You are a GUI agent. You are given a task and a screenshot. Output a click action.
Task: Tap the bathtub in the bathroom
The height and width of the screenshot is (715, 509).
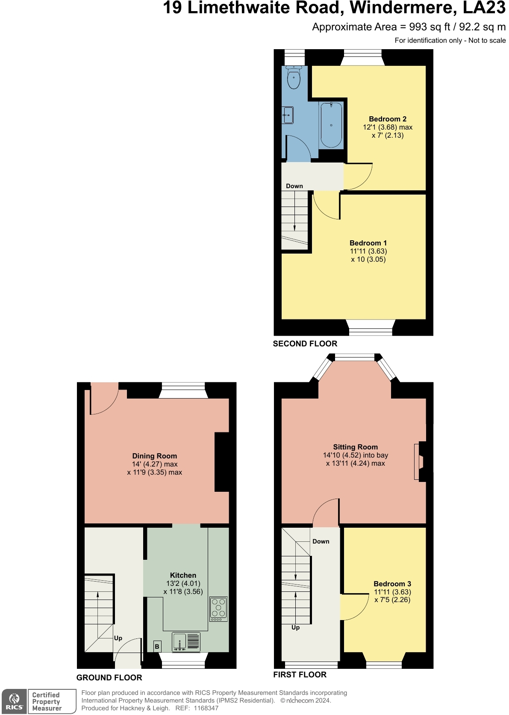(331, 125)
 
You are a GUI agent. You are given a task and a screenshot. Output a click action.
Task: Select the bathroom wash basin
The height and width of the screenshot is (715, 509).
(288, 115)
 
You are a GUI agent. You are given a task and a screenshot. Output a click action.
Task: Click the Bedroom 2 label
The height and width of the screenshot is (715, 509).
(388, 119)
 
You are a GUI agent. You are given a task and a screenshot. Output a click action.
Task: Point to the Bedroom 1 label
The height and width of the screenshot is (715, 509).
(368, 243)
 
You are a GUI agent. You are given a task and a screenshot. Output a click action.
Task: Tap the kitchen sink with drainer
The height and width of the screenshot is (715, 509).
(186, 642)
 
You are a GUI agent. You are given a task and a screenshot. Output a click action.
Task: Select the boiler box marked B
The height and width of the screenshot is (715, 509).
(157, 647)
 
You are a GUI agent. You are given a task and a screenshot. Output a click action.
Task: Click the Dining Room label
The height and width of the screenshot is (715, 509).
(154, 456)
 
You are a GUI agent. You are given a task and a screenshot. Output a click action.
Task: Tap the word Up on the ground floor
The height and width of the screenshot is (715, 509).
(118, 638)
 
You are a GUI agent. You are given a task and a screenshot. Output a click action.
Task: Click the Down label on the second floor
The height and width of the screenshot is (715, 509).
(294, 186)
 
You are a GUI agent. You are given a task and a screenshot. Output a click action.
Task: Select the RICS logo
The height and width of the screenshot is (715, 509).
(14, 702)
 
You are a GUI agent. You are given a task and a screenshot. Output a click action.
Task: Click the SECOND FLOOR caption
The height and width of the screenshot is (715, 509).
(305, 344)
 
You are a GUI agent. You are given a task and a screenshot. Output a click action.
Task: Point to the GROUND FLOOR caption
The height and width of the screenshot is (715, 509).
(109, 678)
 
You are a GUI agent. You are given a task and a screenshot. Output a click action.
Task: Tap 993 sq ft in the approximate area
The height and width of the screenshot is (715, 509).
(429, 27)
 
